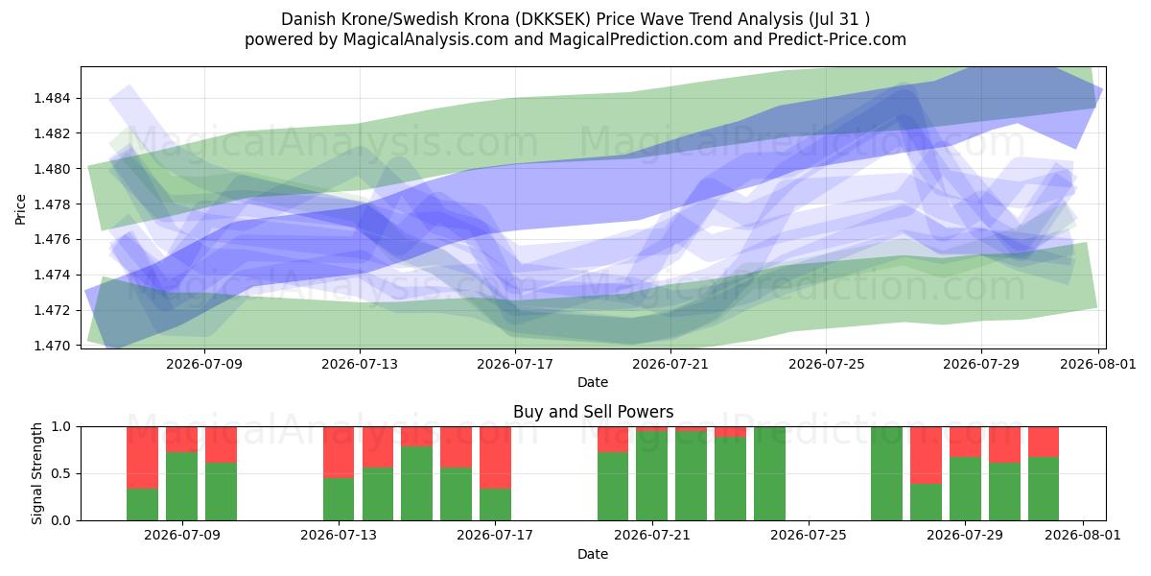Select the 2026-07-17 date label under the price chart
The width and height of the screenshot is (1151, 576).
(x=515, y=364)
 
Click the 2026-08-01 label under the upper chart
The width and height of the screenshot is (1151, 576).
(x=1098, y=364)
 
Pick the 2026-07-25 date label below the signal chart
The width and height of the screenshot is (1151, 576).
(x=809, y=535)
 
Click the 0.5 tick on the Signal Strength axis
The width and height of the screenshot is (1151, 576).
(x=60, y=473)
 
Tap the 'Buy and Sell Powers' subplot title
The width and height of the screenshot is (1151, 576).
(x=593, y=412)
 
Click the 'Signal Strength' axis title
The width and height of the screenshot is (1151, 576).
(x=36, y=473)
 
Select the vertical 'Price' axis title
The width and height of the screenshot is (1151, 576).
(x=20, y=209)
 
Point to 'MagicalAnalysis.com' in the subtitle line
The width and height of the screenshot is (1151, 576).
(x=426, y=39)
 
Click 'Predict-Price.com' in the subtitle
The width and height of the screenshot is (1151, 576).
(x=837, y=39)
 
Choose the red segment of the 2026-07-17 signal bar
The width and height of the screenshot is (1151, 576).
(x=495, y=458)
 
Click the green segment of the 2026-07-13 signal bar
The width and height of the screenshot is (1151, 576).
(x=339, y=499)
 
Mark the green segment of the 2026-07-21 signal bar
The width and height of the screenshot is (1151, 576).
(x=651, y=476)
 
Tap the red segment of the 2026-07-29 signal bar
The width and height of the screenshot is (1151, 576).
(x=965, y=442)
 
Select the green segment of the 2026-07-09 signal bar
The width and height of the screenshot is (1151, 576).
(x=181, y=487)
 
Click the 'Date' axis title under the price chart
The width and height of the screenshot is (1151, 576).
(x=593, y=382)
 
